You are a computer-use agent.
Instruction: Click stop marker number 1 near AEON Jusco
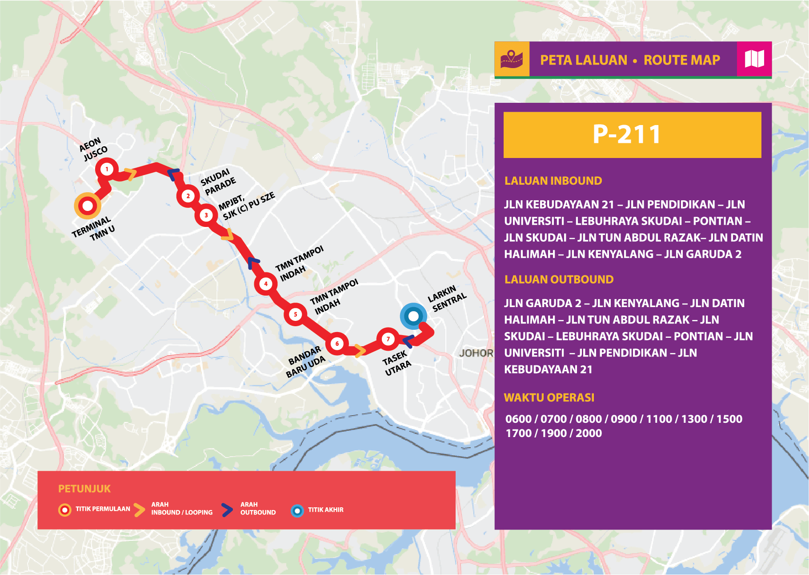tap(107, 169)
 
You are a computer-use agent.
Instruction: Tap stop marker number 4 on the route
tap(266, 283)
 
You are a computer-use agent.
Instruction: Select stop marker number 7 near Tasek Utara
tap(388, 339)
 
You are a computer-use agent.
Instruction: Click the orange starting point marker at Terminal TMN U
tap(88, 206)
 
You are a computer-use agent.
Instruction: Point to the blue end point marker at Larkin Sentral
tap(413, 316)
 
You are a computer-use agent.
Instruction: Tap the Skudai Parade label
tap(218, 182)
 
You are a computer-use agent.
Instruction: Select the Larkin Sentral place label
tap(447, 298)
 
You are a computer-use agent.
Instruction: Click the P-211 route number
tap(627, 134)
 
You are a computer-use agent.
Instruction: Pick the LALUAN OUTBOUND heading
tap(559, 279)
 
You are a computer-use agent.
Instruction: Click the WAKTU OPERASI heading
tap(549, 397)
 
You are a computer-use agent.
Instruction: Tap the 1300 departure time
tap(694, 419)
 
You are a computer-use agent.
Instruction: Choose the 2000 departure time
tap(589, 433)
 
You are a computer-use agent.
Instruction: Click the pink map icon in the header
tap(754, 59)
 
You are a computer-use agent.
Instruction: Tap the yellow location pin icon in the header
tap(512, 59)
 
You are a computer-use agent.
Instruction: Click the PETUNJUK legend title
tap(84, 489)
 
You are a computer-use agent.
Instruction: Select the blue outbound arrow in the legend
tap(227, 510)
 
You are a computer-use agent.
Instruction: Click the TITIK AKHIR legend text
tap(325, 510)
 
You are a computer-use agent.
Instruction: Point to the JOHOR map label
tap(476, 353)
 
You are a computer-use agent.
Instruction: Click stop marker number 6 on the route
tap(337, 344)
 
